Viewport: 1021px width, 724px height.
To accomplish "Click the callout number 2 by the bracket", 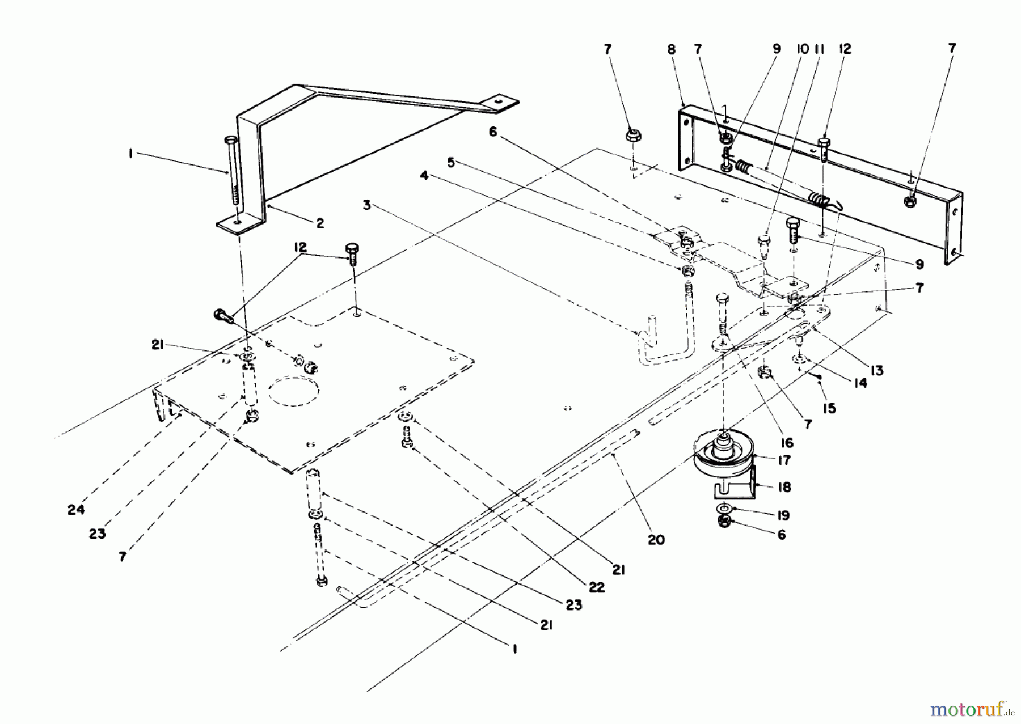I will tap(320, 223).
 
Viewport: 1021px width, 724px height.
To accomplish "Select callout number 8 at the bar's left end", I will tap(672, 49).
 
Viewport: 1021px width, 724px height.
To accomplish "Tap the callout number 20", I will tap(656, 540).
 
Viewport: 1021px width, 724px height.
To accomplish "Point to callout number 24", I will tap(76, 510).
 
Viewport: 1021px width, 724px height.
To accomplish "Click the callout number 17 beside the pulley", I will tap(784, 460).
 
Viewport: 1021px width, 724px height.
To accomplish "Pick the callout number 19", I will tap(783, 515).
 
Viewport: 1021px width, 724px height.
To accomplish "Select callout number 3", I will tap(367, 205).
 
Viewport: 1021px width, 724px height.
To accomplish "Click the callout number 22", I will tap(597, 587).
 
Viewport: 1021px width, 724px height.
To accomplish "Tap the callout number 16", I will tap(786, 443).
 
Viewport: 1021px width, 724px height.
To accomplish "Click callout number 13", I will tap(877, 371).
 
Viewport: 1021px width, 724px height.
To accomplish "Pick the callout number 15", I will tap(829, 408).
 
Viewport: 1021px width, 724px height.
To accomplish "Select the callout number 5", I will tap(451, 163).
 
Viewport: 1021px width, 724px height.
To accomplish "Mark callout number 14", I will tap(860, 383).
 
